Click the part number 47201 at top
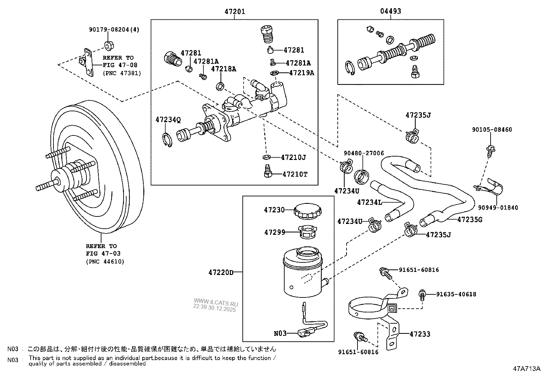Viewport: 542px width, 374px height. tap(235, 11)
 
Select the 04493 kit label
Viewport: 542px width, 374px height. tap(390, 11)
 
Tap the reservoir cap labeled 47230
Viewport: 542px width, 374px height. tap(308, 211)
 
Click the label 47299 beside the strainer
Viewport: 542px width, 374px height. tap(274, 232)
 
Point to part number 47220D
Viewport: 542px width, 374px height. tap(221, 272)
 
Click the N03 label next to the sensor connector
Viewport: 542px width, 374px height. tap(280, 334)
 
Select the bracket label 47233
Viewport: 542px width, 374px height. tap(420, 334)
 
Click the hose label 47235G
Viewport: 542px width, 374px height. tap(470, 219)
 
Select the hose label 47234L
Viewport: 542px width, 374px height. tap(369, 202)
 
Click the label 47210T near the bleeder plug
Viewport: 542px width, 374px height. tap(295, 174)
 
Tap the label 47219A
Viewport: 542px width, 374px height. tap(301, 72)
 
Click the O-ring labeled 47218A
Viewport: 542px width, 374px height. tap(220, 86)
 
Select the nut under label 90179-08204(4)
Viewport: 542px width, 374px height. tap(109, 45)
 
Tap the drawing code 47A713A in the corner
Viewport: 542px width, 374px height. tap(527, 369)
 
